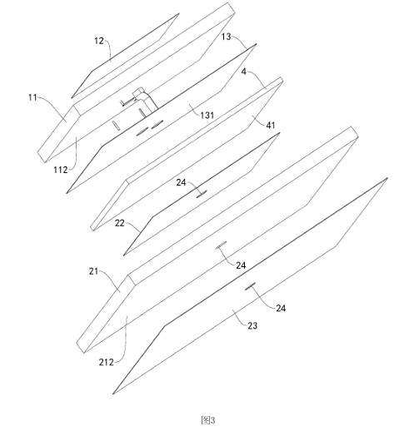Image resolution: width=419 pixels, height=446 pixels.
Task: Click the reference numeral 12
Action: tap(99, 41)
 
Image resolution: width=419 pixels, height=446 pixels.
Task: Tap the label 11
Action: tap(32, 97)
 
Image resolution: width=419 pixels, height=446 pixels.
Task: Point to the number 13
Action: tap(227, 37)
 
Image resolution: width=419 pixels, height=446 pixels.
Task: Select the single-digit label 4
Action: tap(244, 72)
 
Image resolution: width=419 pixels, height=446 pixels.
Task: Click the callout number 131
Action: tap(207, 115)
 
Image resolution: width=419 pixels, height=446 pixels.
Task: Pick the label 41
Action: tap(271, 125)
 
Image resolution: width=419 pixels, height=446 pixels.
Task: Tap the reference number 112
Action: tap(60, 170)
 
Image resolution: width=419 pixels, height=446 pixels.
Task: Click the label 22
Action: tap(120, 223)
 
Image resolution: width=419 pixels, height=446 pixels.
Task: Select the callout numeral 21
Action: tap(93, 271)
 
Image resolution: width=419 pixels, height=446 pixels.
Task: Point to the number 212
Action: tap(107, 362)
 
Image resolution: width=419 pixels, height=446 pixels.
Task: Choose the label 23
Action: tap(252, 325)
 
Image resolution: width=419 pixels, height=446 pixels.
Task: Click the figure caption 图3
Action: tap(208, 420)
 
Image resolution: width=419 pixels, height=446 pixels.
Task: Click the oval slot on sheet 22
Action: tap(202, 193)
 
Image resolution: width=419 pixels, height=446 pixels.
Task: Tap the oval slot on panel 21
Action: tap(222, 245)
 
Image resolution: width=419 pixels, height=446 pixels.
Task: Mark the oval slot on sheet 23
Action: tap(251, 286)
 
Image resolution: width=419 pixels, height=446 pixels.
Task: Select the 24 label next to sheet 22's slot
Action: tap(181, 182)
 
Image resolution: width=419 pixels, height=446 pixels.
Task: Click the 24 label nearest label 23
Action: tap(281, 308)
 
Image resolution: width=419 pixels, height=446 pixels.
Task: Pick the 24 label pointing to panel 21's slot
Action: tap(241, 265)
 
